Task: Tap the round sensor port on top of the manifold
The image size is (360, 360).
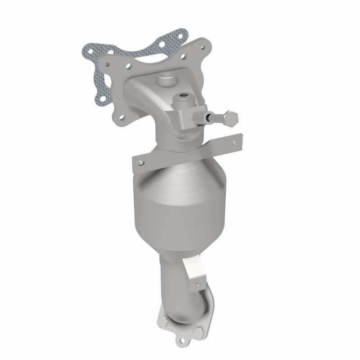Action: pyautogui.click(x=166, y=81)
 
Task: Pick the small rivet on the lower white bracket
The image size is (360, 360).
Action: pyautogui.click(x=196, y=283)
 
